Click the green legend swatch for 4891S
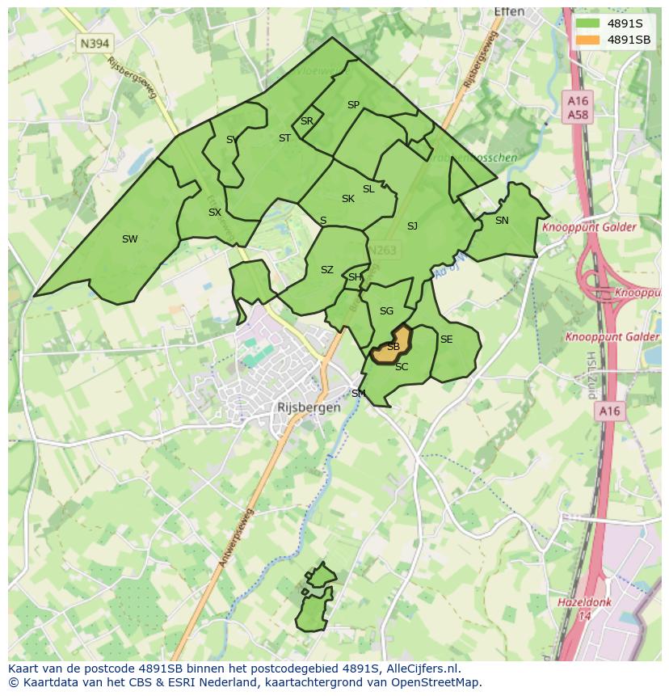587,23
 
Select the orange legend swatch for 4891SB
587,40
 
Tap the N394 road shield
94,43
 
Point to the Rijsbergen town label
308,407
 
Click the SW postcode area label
129,238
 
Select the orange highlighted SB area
392,345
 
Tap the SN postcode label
502,220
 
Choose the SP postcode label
353,105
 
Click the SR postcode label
306,121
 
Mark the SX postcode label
214,213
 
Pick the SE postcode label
446,340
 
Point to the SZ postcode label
326,270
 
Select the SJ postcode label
412,226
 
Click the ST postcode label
284,138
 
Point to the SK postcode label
347,199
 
